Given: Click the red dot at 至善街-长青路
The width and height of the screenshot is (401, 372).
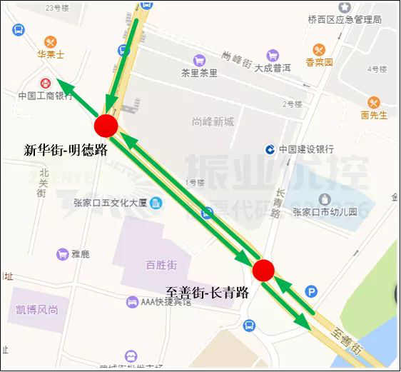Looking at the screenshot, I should click(263, 270).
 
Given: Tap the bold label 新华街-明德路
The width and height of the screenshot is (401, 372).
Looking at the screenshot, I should click(65, 150).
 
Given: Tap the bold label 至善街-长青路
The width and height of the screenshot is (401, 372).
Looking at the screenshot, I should click(207, 293).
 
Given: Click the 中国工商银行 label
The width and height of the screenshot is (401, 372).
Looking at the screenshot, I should click(46, 96).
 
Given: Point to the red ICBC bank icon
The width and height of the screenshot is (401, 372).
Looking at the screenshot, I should click(46, 83).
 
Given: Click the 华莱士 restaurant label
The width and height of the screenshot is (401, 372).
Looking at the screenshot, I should click(51, 54).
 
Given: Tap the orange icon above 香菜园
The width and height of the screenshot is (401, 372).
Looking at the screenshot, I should click(319, 49).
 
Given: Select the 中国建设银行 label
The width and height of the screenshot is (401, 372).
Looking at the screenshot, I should click(306, 149).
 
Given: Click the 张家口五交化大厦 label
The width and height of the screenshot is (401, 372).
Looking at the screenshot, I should click(110, 202).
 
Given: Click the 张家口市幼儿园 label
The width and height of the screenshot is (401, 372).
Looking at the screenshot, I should click(324, 212).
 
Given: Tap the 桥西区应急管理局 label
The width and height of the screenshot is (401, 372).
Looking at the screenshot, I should click(345, 19).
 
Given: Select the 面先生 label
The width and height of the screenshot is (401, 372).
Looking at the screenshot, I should click(374, 115).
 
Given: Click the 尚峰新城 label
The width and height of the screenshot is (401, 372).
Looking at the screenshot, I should click(213, 122).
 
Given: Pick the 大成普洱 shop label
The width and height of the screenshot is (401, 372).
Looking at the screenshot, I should click(273, 69).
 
